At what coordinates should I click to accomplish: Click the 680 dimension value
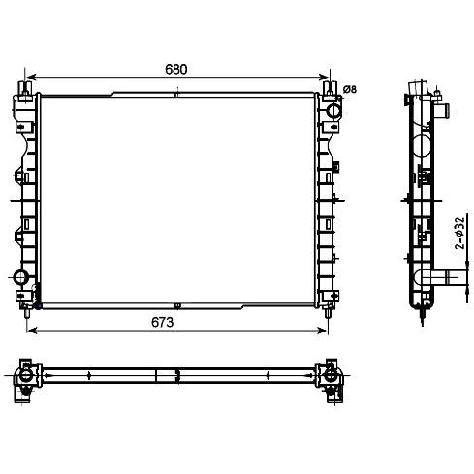[x=176, y=70]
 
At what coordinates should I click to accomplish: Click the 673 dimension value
[x=162, y=322]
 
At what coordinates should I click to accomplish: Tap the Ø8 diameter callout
[x=350, y=89]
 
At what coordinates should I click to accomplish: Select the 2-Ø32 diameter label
[x=459, y=233]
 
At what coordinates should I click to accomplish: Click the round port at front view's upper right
[x=333, y=111]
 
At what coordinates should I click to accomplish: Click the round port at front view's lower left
[x=21, y=277]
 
